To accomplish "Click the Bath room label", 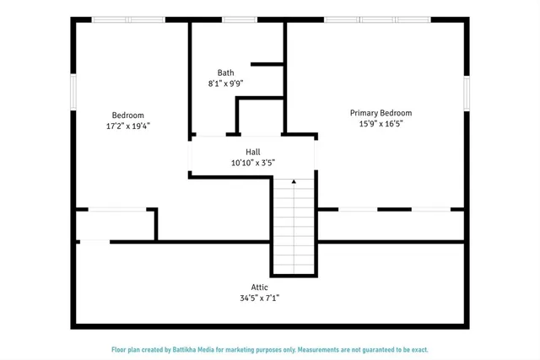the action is coord(225,73).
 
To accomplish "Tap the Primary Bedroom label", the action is coord(381,113).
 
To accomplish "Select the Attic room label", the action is coord(259,287).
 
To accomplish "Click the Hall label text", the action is coord(252,152).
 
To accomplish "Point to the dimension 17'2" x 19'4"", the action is coord(128,126).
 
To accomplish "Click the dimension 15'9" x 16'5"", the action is coord(381,124).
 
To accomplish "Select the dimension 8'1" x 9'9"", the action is coord(225,83).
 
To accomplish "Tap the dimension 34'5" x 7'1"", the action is coord(259,298).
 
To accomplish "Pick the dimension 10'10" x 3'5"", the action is coord(252,163).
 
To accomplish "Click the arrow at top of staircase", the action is coord(294,180).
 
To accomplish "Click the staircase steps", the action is coord(294,228).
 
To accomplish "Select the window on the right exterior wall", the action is coord(466,93).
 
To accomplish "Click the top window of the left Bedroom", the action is coord(123,19).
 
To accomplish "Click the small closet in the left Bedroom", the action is coord(116,225).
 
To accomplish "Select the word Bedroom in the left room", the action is coord(128,116).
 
